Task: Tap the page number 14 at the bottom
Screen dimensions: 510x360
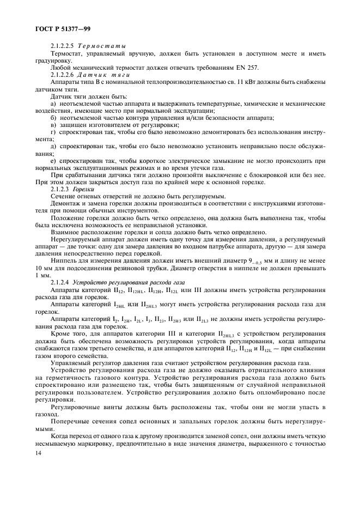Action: (x=38, y=453)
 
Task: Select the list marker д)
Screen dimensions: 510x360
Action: (x=53, y=148)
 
